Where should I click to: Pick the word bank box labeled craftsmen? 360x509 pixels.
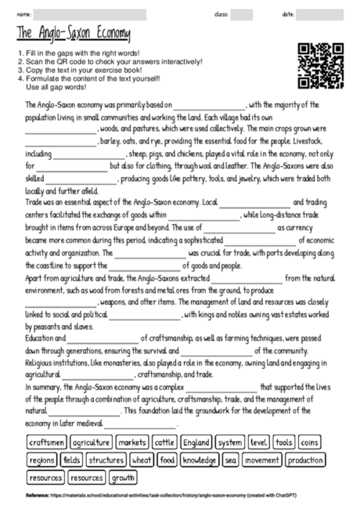[x=46, y=442]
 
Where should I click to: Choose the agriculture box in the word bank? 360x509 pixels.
[x=91, y=442]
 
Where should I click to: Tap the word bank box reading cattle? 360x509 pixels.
[x=164, y=442]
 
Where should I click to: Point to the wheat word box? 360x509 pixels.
[x=142, y=460]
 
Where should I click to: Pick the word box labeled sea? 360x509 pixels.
[x=230, y=460]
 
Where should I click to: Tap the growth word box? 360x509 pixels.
[x=123, y=477]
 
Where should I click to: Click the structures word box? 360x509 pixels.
[x=106, y=460]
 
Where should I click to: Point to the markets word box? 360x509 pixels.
[x=131, y=442]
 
